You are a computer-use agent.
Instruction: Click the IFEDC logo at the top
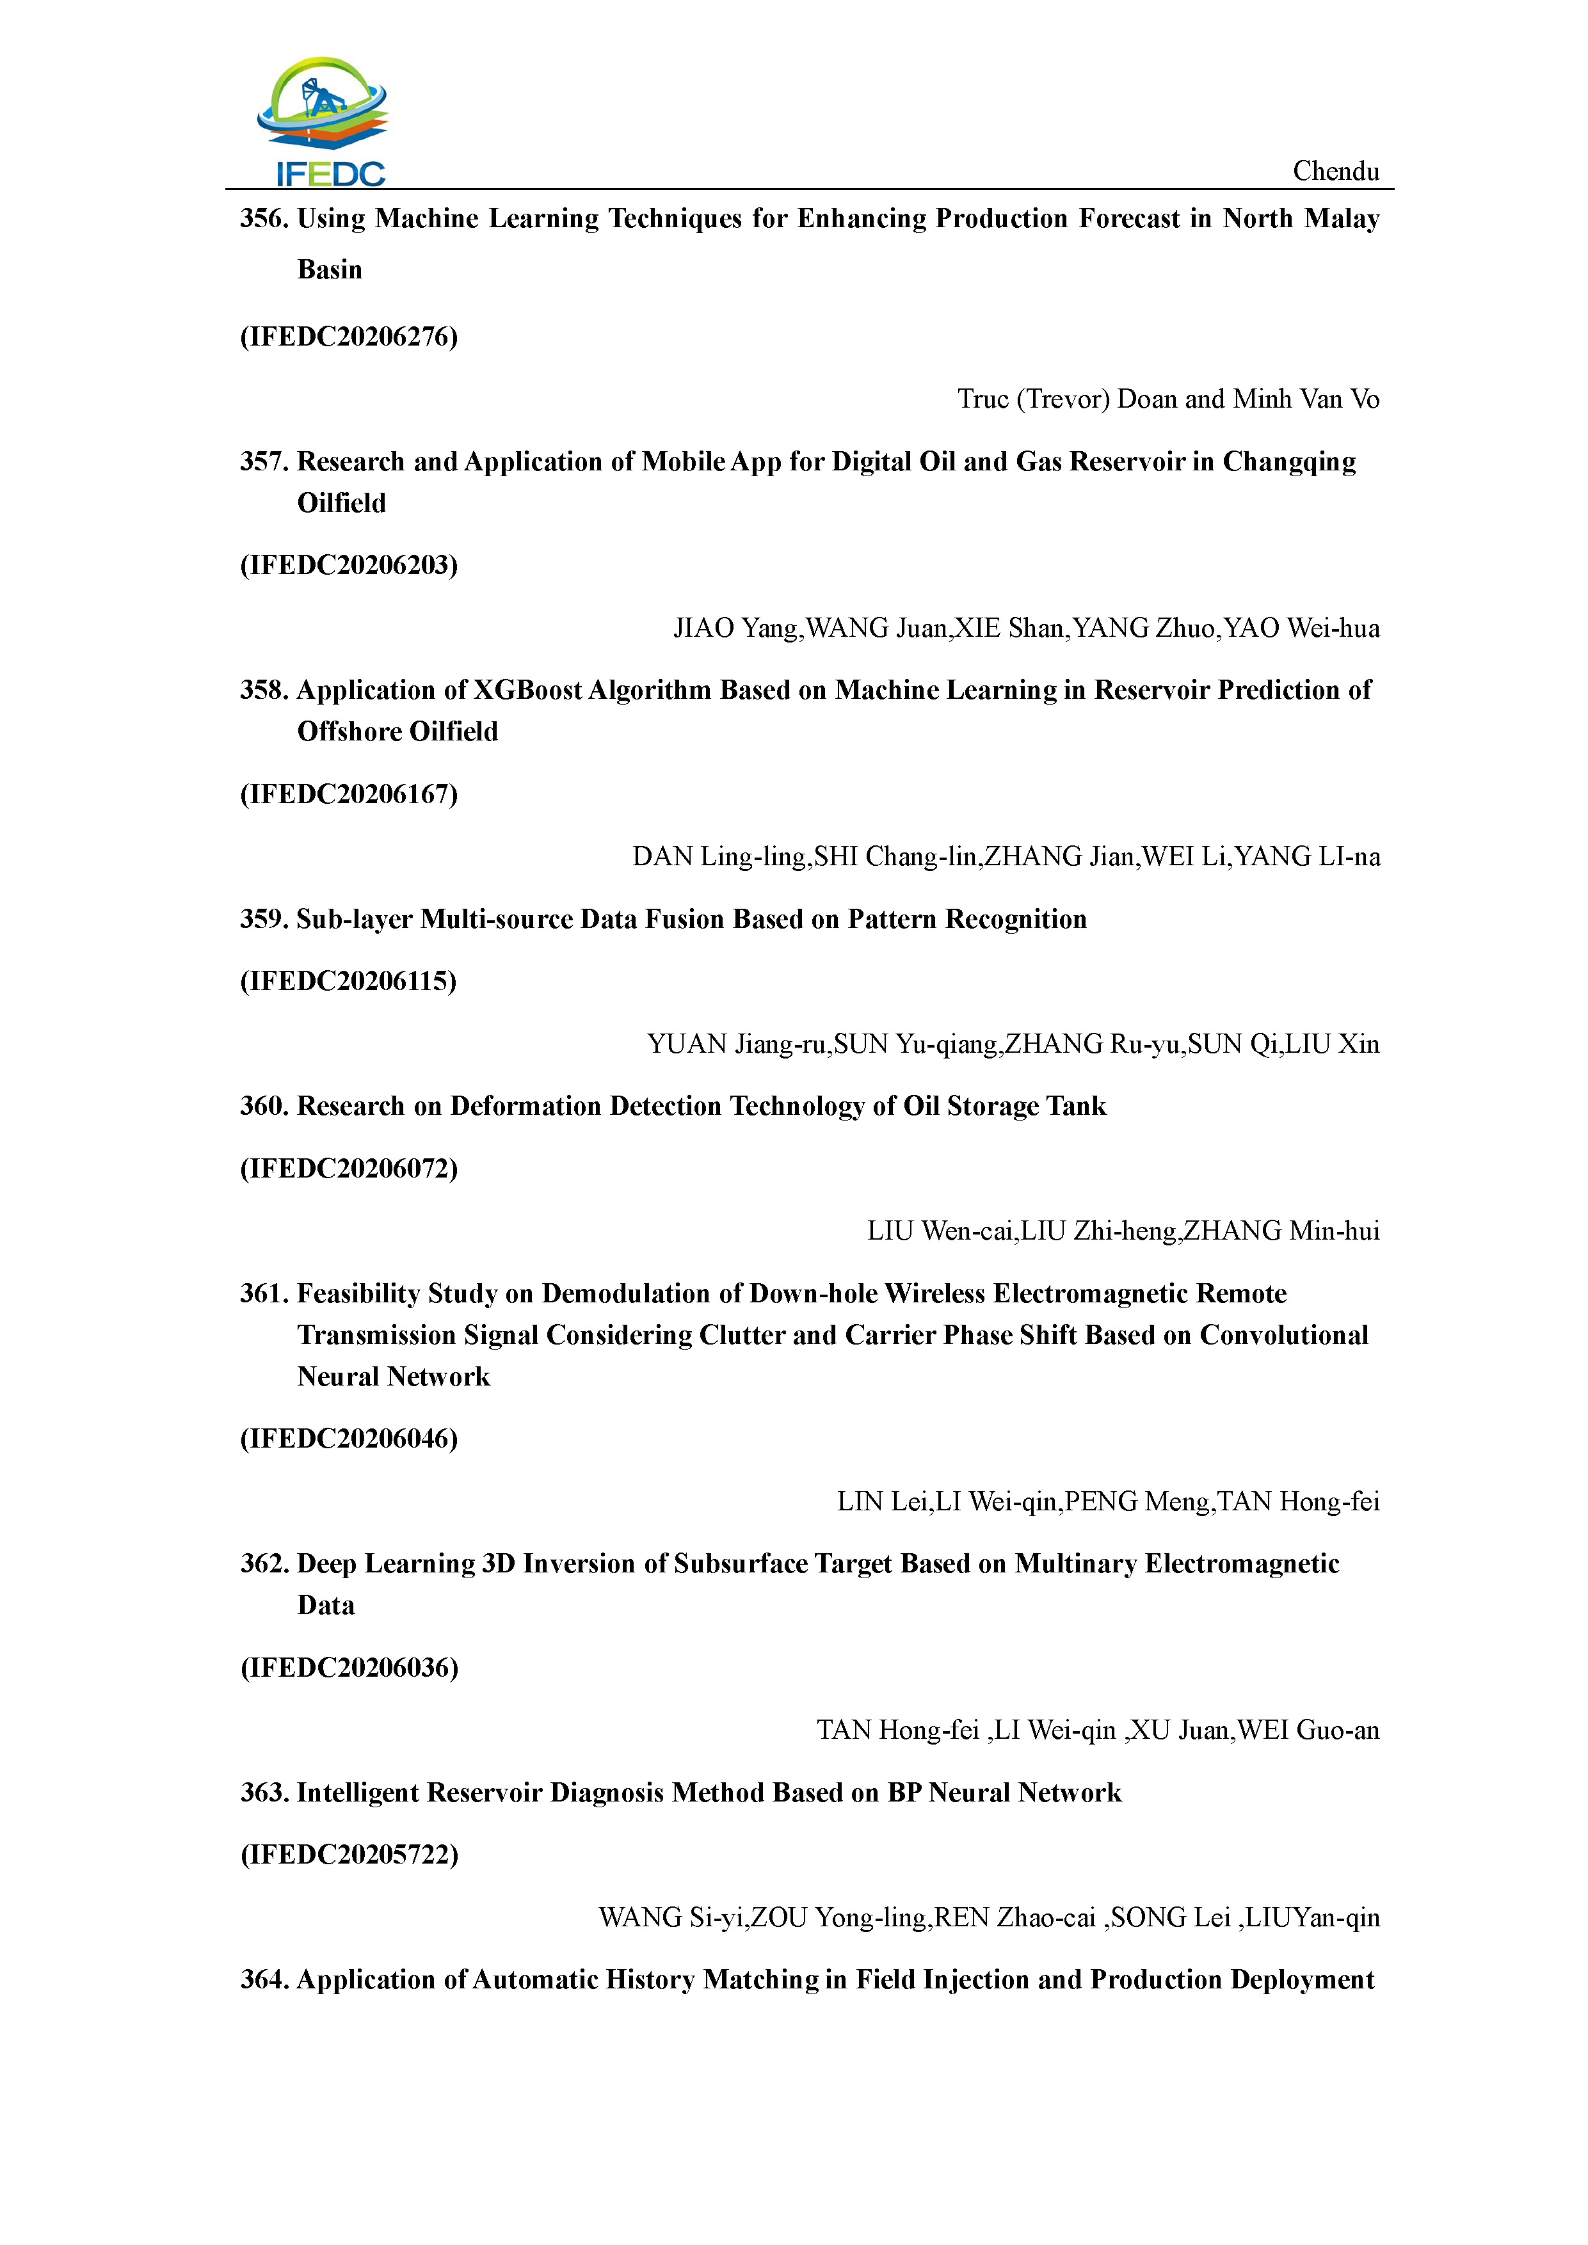323,121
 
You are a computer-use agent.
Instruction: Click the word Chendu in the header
1336,171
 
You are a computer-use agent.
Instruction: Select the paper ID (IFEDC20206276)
349,337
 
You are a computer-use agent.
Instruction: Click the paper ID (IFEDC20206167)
349,794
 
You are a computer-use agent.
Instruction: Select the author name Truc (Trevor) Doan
1067,399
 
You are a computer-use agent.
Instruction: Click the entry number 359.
264,919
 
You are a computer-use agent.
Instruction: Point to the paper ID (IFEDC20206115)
349,980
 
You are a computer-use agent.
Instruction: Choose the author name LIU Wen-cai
941,1231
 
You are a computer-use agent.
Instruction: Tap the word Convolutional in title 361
1284,1336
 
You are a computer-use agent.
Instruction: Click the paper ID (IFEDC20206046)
349,1439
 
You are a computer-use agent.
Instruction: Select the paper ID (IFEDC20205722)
349,1854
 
